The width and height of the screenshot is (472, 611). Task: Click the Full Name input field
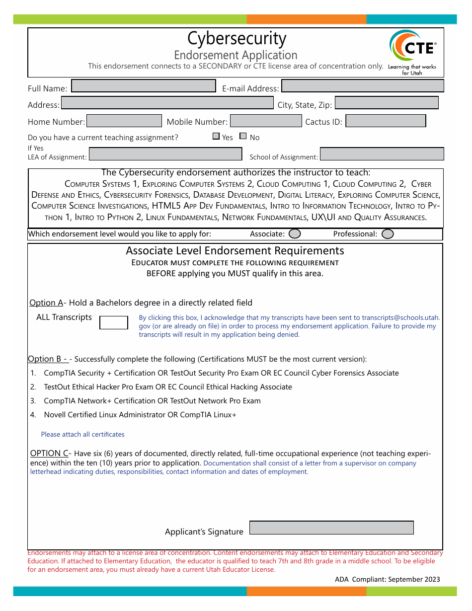pyautogui.click(x=144, y=86)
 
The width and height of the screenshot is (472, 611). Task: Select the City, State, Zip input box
pyautogui.click(x=387, y=103)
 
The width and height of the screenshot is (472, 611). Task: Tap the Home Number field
pyautogui.click(x=124, y=121)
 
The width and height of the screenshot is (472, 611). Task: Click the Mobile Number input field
pyautogui.click(x=266, y=121)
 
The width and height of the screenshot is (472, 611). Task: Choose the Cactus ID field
pyautogui.click(x=386, y=121)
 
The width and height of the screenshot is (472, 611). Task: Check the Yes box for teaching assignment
pyautogui.click(x=216, y=136)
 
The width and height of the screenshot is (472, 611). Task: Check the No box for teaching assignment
pyautogui.click(x=243, y=136)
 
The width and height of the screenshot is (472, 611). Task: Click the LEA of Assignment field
pyautogui.click(x=165, y=154)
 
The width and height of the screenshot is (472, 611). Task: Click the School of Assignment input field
pyautogui.click(x=382, y=154)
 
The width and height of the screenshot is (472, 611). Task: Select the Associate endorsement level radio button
pyautogui.click(x=295, y=233)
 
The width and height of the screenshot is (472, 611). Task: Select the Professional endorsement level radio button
pyautogui.click(x=388, y=233)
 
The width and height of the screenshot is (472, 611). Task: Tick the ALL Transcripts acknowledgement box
pyautogui.click(x=114, y=322)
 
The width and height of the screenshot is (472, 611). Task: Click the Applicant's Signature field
pyautogui.click(x=331, y=528)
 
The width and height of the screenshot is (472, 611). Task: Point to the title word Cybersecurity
pyautogui.click(x=236, y=39)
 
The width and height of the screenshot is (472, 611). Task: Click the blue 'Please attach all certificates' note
pyautogui.click(x=82, y=434)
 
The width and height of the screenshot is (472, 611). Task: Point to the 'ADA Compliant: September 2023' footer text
pyautogui.click(x=387, y=579)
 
